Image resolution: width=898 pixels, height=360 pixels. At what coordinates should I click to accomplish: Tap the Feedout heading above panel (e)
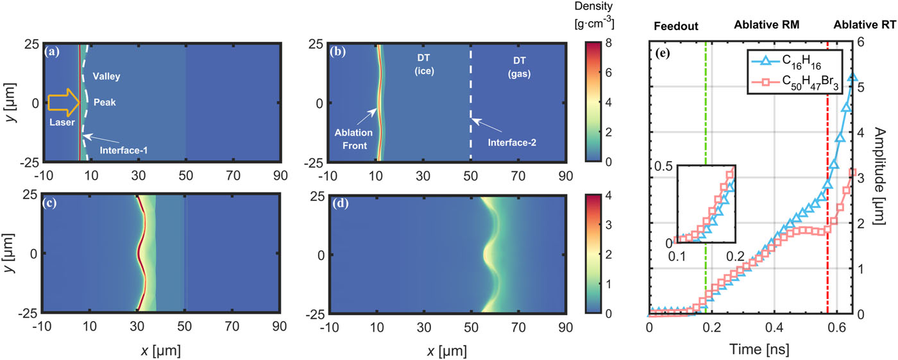click(x=673, y=26)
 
